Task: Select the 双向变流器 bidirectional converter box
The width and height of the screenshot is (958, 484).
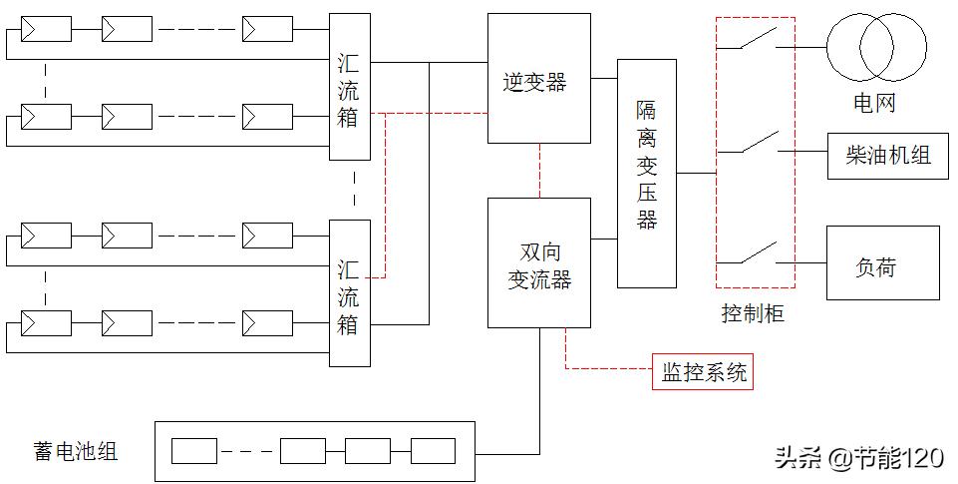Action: click(x=538, y=262)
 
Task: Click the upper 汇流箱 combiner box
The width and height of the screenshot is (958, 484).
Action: click(x=349, y=86)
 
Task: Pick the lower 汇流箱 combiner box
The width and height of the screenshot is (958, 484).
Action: click(x=349, y=293)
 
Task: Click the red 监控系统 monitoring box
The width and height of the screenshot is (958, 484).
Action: click(x=703, y=373)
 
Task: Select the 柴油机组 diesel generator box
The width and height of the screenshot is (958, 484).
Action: click(x=883, y=156)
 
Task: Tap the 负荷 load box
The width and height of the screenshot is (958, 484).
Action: click(x=882, y=263)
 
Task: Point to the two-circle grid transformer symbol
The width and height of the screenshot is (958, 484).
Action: click(x=876, y=46)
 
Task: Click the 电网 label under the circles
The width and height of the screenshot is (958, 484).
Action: click(x=874, y=102)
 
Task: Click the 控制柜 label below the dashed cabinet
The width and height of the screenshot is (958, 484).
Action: click(x=753, y=313)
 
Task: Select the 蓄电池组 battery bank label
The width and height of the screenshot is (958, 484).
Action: click(x=75, y=451)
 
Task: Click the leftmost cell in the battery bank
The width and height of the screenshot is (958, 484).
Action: click(x=193, y=451)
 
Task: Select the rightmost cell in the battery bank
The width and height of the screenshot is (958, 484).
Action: click(x=433, y=451)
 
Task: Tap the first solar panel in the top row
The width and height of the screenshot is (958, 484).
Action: click(x=47, y=29)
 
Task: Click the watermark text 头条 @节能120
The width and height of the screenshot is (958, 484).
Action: click(x=858, y=458)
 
